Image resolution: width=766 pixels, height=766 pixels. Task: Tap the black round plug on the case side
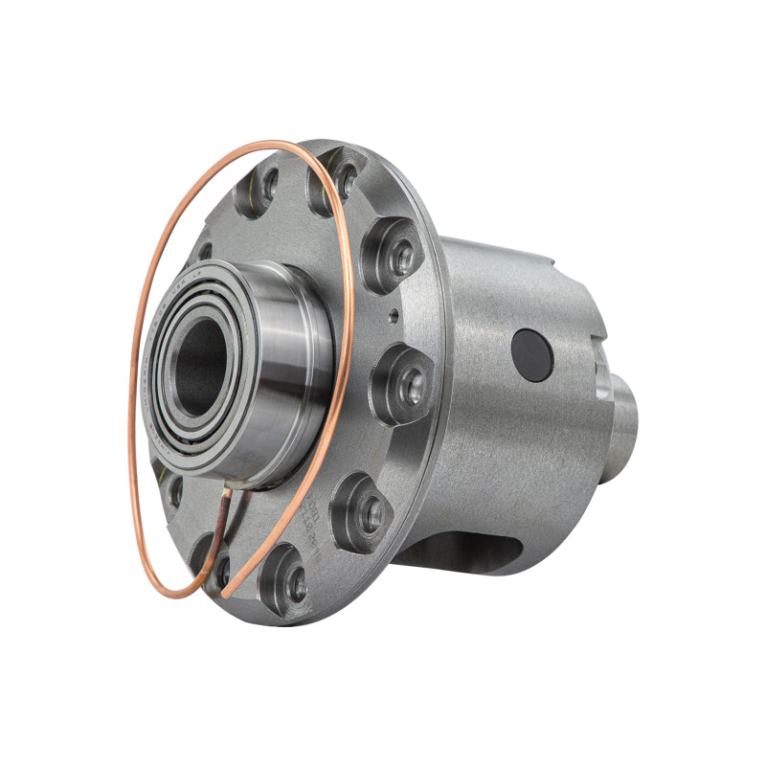pyautogui.click(x=532, y=355)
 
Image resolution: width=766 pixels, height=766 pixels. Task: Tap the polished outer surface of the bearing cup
pyautogui.click(x=292, y=383)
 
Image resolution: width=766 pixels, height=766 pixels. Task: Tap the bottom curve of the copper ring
pyautogui.click(x=182, y=593)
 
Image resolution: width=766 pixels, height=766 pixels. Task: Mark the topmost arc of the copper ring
pyautogui.click(x=259, y=146)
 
